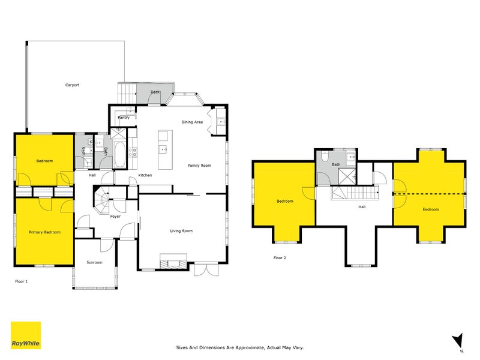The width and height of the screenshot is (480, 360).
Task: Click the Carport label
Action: pos(72,85)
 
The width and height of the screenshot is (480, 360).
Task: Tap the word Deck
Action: pos(155,92)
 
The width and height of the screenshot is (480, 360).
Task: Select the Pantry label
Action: pos(124,118)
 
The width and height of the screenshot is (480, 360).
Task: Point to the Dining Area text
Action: pos(192,122)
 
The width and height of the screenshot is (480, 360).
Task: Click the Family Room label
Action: pos(199,165)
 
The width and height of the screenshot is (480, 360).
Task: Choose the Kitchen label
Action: pos(145,175)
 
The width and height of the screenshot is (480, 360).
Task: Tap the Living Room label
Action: pos(181,231)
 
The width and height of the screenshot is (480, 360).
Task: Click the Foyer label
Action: pos(115,216)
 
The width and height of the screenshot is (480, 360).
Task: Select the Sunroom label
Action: pos(94,263)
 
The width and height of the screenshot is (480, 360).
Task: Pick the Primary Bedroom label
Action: pos(44,232)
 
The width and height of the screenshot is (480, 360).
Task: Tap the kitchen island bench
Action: pos(162,149)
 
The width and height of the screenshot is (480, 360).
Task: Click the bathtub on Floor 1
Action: pos(119,155)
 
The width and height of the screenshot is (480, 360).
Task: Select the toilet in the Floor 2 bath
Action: pos(324,158)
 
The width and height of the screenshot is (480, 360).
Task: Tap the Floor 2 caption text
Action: pos(280,257)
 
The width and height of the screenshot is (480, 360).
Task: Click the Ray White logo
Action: pos(26,335)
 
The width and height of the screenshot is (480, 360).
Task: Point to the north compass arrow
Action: pos(458,340)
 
